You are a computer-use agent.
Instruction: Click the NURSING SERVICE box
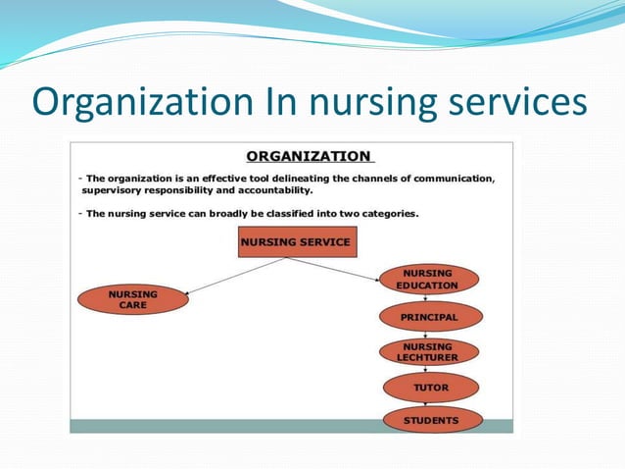pos(294,241)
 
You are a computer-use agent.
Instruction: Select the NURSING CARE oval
pos(133,298)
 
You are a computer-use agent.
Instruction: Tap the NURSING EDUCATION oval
pos(428,279)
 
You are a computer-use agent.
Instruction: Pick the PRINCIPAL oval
pos(429,318)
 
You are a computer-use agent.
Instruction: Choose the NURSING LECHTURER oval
pos(428,352)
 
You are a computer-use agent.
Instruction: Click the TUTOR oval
pos(430,388)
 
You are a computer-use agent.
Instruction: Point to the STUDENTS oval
pos(431,420)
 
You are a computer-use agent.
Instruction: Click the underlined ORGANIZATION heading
pos(309,156)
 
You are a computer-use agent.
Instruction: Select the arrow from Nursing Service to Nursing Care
pos(235,276)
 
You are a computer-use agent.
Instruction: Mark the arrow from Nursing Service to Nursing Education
pos(333,269)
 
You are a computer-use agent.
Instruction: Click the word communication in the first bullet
pos(447,178)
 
